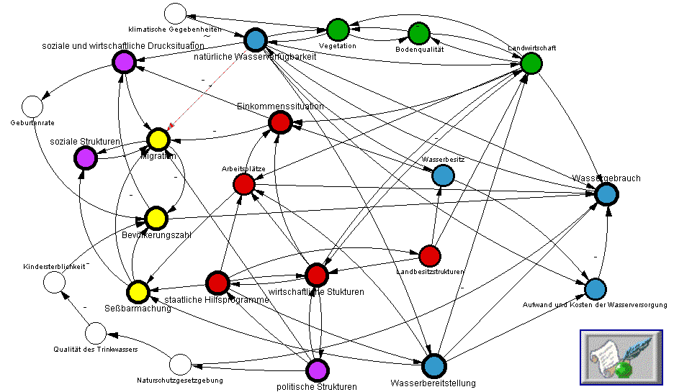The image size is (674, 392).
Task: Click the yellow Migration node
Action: click(158, 139)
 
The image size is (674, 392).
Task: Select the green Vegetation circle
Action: click(338, 29)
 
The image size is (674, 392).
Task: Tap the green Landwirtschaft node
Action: click(531, 63)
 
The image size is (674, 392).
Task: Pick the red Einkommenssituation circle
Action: click(279, 123)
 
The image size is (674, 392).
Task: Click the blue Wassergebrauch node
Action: click(606, 193)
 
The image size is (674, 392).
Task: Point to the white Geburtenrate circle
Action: click(32, 106)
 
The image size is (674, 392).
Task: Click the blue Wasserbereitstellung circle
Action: click(433, 366)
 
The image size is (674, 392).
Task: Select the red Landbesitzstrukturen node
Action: click(429, 255)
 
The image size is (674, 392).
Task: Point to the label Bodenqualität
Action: click(419, 50)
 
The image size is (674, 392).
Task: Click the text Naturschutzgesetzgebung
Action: click(179, 380)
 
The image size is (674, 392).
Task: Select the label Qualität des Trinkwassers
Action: click(95, 349)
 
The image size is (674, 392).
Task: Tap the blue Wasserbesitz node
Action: click(443, 175)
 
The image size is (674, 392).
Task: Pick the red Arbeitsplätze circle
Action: click(244, 184)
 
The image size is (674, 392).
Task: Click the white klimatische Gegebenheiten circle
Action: click(174, 14)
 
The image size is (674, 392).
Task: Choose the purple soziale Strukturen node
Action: click(85, 156)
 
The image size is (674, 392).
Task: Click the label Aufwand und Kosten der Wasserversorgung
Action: click(594, 305)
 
